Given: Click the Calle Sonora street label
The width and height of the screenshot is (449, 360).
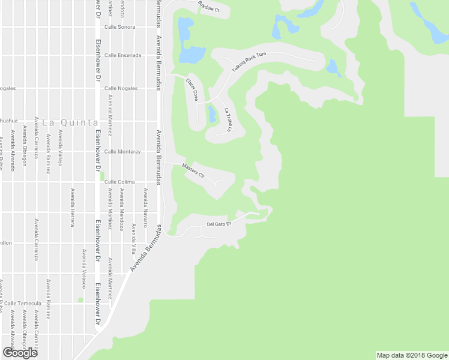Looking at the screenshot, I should point(119,27).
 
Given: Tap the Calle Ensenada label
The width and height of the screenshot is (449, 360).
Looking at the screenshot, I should point(123,55).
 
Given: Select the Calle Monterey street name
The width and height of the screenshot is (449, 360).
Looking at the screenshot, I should point(122,152).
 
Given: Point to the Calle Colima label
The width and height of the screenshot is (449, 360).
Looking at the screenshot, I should point(119,182).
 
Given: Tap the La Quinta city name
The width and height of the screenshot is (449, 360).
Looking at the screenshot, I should point(70,122).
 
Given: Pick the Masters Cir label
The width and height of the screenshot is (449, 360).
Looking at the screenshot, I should point(193,169).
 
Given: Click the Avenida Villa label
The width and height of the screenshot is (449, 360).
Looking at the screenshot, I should point(133,238).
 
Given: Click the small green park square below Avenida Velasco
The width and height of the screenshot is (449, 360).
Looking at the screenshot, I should point(80,300).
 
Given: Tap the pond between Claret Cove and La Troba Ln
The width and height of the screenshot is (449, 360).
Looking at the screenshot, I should point(212,113).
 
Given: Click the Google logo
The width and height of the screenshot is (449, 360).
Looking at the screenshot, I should point(20,352).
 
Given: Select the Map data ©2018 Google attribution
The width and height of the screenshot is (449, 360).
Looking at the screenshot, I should point(411,355).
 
